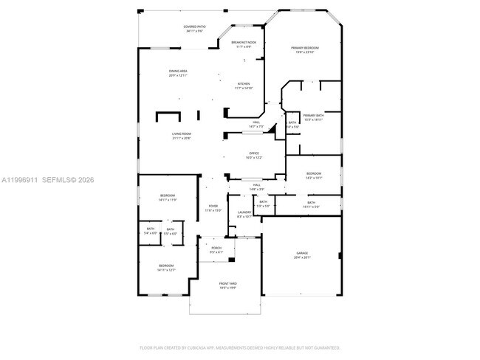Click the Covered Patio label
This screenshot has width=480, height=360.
[x=195, y=29]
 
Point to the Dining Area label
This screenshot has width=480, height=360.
[x=178, y=73]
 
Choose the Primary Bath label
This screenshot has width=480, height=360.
[x=313, y=117]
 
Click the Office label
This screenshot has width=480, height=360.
[x=253, y=156]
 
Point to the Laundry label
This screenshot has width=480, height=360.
[x=244, y=215]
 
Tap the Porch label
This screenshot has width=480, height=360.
[x=216, y=250]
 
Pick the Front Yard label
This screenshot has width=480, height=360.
[x=227, y=285]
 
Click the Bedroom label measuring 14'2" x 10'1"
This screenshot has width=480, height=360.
[x=314, y=176]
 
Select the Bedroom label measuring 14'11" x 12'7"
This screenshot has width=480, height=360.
[x=166, y=268]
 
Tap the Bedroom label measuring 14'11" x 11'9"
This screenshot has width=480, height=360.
[x=167, y=198]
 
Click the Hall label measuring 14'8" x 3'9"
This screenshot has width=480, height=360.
[x=256, y=187]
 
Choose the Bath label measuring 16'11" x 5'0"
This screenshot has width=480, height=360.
[x=311, y=204]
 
